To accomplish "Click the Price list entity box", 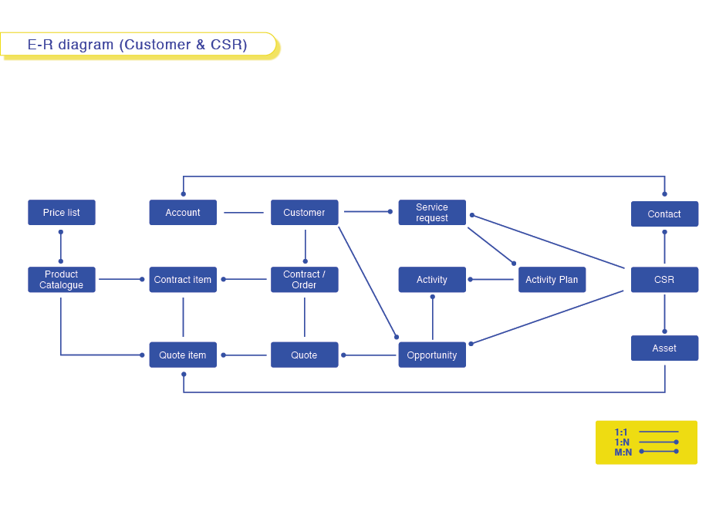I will pyautogui.click(x=62, y=213).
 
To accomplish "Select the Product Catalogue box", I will pyautogui.click(x=62, y=280).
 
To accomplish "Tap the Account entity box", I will pyautogui.click(x=183, y=213).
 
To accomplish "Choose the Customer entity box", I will pyautogui.click(x=304, y=213).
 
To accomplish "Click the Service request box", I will pyautogui.click(x=432, y=213).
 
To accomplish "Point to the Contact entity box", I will pyautogui.click(x=664, y=214).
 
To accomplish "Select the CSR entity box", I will pyautogui.click(x=664, y=280).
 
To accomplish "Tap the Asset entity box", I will pyautogui.click(x=664, y=348).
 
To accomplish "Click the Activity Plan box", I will pyautogui.click(x=552, y=280).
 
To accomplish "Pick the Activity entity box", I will pyautogui.click(x=432, y=280).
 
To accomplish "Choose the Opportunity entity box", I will pyautogui.click(x=432, y=355).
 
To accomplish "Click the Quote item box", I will pyautogui.click(x=183, y=355).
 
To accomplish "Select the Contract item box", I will pyautogui.click(x=183, y=280).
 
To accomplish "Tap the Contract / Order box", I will pyautogui.click(x=304, y=280).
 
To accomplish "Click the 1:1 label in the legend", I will pyautogui.click(x=621, y=432).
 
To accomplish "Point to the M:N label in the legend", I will pyautogui.click(x=623, y=452).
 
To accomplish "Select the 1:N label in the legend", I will pyautogui.click(x=622, y=442).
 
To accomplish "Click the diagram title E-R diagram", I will pyautogui.click(x=137, y=45).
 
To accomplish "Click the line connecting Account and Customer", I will pyautogui.click(x=244, y=213).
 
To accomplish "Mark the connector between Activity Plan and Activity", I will pyautogui.click(x=492, y=280).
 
